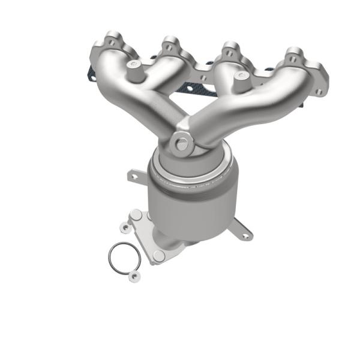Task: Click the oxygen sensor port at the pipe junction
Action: [x=181, y=143]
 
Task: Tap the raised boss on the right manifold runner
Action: [x=242, y=76]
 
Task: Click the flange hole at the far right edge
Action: [x=319, y=91]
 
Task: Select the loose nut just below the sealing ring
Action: [x=134, y=276]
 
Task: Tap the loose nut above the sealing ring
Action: [x=125, y=227]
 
